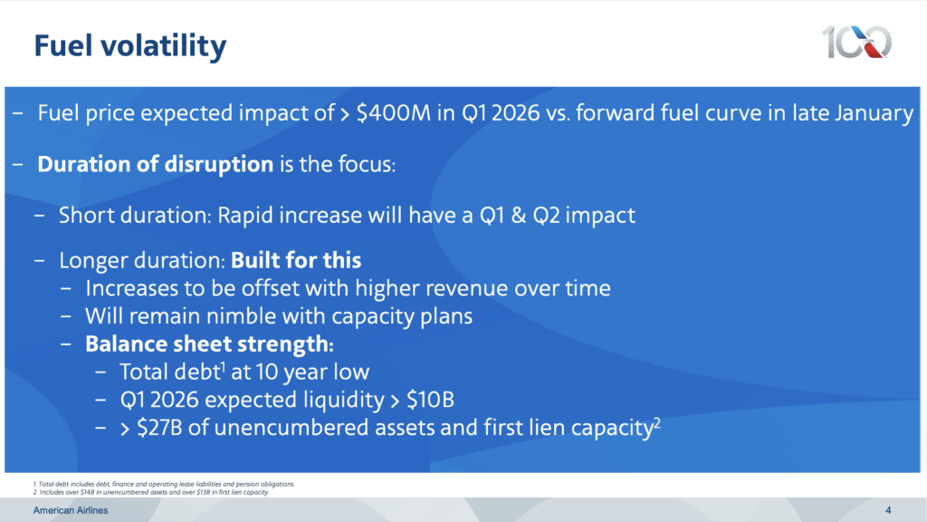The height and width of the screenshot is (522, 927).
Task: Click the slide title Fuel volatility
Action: [x=130, y=45]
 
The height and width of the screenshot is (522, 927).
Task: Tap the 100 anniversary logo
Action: [x=856, y=42]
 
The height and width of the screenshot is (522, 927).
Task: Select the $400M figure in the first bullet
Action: [x=393, y=112]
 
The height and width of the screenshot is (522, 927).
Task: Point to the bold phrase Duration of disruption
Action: [x=156, y=164]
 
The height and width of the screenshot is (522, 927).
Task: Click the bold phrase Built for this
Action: [x=296, y=260]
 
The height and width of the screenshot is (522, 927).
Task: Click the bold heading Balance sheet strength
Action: [x=209, y=343]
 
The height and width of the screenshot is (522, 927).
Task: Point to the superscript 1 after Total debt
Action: [x=224, y=367]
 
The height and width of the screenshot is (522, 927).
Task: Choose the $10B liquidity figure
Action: [x=430, y=400]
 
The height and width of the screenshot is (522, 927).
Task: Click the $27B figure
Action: [x=159, y=428]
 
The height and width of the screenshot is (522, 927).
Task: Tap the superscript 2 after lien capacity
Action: [x=656, y=422]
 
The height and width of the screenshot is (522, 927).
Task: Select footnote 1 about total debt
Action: [x=164, y=484]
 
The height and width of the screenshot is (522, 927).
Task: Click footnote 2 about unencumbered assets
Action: [x=151, y=492]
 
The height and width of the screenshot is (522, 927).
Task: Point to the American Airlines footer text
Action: [x=71, y=510]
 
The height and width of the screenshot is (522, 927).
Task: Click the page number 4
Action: [x=888, y=510]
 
